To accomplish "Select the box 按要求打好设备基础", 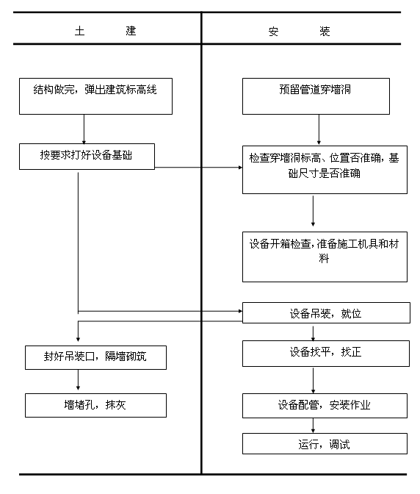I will point(87,156).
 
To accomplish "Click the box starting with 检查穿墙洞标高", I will point(324,169).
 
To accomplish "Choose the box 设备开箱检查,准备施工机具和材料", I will point(324,256).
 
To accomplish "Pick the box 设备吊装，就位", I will point(325,313).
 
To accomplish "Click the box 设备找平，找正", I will point(325,352).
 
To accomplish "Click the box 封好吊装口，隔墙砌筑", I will point(95,357).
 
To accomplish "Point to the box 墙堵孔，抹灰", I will point(95,405).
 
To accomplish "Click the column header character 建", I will point(131,32).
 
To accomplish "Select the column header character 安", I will point(273,32).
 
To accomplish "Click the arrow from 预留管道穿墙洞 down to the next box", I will point(318,130).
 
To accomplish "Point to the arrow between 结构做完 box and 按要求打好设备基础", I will point(84,129).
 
